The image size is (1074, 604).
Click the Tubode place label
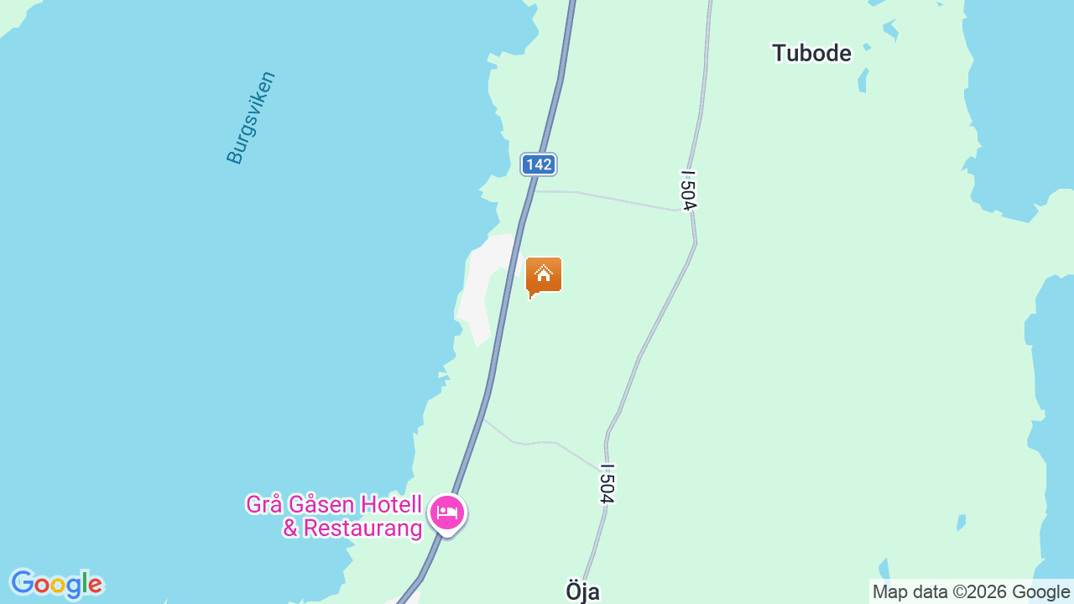(x=811, y=54)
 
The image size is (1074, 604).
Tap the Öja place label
(x=582, y=591)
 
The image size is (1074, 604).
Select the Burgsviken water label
(x=251, y=117)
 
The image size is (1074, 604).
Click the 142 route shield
(x=538, y=164)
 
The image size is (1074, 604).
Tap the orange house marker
(x=544, y=276)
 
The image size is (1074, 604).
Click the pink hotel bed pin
(x=447, y=513)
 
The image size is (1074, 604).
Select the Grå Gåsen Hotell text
(x=333, y=504)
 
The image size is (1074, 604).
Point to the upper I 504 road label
(x=688, y=190)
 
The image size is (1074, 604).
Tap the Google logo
(x=56, y=584)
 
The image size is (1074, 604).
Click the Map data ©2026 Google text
(x=971, y=592)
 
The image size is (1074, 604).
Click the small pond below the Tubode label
(x=862, y=81)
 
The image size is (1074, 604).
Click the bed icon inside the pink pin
(x=447, y=511)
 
